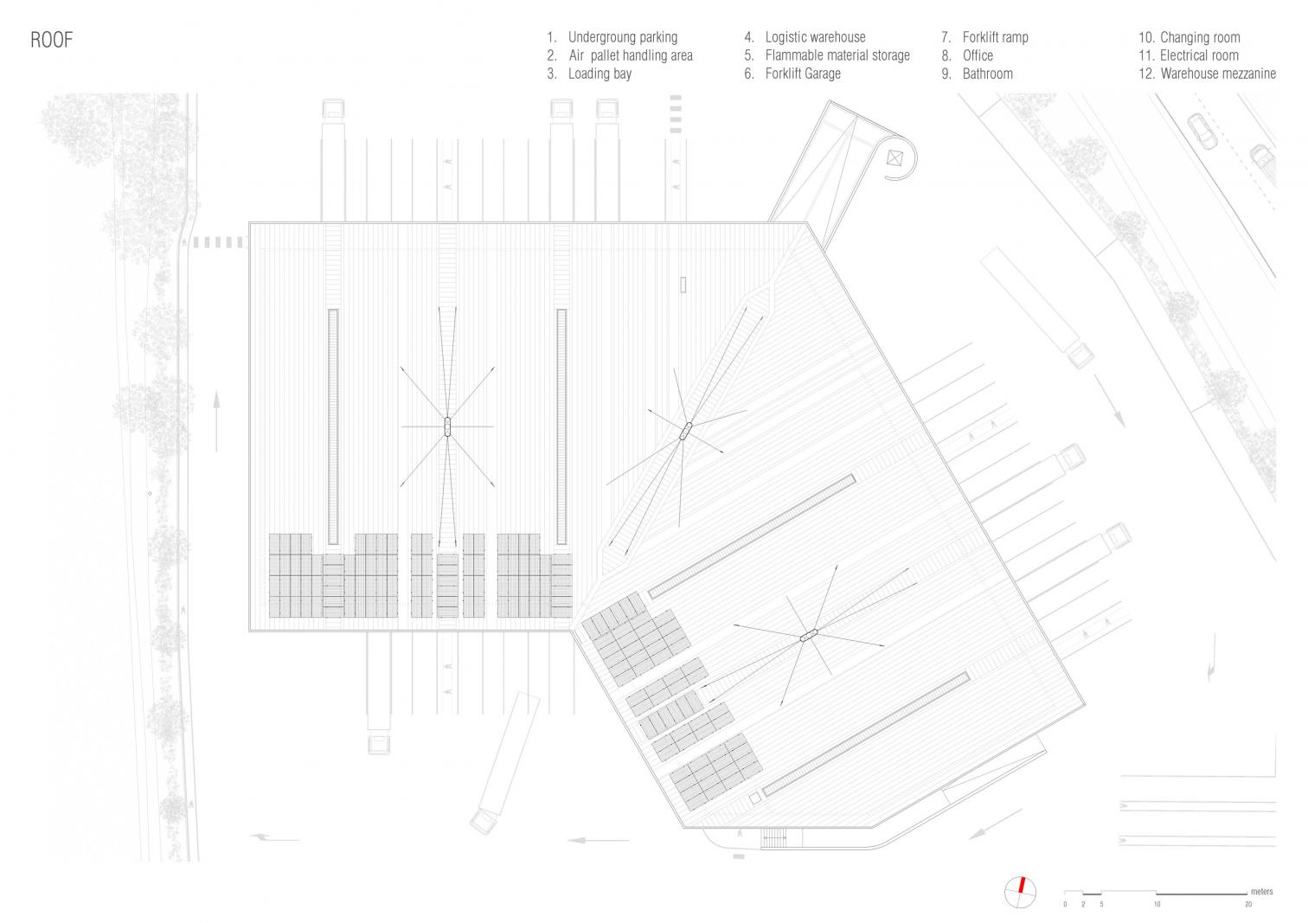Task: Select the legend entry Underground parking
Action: pos(621,37)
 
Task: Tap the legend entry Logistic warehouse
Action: pos(814,37)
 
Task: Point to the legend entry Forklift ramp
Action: pos(995,37)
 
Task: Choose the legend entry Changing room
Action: pos(1199,37)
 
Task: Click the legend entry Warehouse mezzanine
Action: pos(1217,74)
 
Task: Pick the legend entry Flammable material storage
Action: pos(837,55)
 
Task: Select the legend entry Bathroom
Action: pos(987,74)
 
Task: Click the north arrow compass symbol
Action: pos(1019,892)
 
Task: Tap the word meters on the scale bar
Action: pos(1261,891)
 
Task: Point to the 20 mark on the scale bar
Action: pos(1247,904)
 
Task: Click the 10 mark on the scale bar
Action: pos(1157,904)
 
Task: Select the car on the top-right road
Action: pos(1201,130)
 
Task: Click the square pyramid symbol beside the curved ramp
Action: pos(894,157)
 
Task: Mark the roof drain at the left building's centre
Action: pos(447,426)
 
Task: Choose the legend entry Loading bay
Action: pos(599,74)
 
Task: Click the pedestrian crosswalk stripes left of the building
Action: pos(218,242)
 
